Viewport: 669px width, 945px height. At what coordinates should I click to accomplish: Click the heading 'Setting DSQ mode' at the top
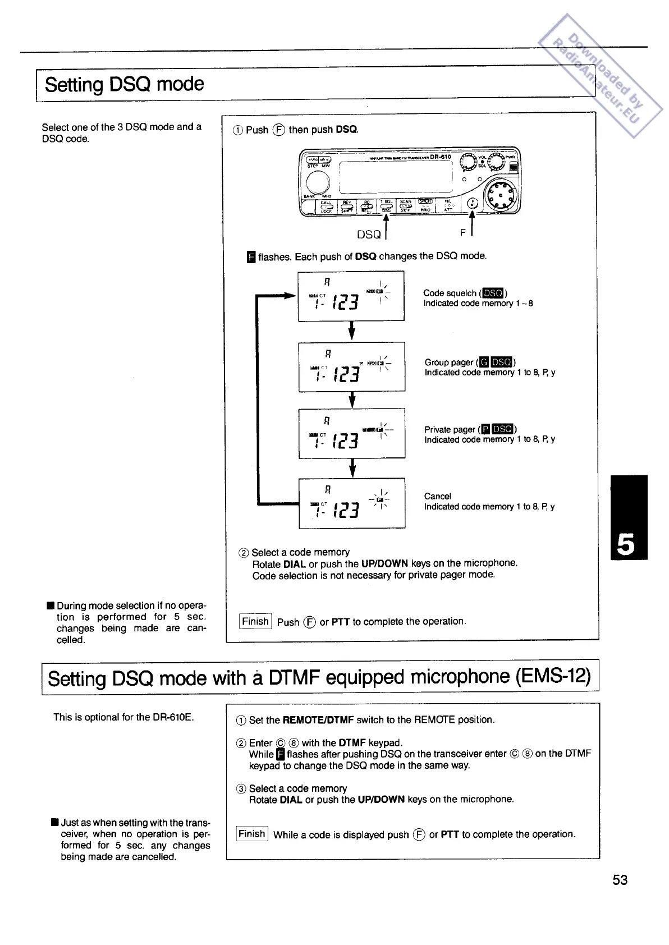pyautogui.click(x=124, y=84)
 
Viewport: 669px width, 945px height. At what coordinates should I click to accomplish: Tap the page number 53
pyautogui.click(x=620, y=880)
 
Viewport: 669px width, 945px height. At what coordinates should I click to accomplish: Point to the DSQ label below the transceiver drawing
pyautogui.click(x=369, y=234)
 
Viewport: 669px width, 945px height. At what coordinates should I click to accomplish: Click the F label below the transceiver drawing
pyautogui.click(x=463, y=231)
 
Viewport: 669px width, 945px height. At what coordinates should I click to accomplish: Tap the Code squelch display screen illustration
pyautogui.click(x=351, y=296)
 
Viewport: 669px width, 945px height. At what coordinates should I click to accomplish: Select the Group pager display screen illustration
pyautogui.click(x=351, y=366)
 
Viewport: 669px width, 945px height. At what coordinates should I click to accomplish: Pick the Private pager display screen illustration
pyautogui.click(x=351, y=433)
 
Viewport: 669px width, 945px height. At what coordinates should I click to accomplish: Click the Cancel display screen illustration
pyautogui.click(x=351, y=503)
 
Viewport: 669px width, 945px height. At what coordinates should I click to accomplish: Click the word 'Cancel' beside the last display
pyautogui.click(x=437, y=496)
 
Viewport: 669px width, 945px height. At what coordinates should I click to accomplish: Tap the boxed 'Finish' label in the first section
pyautogui.click(x=255, y=621)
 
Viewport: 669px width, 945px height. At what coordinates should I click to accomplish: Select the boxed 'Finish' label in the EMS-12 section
pyautogui.click(x=252, y=834)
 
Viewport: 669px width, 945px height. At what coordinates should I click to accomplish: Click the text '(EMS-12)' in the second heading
pyautogui.click(x=553, y=677)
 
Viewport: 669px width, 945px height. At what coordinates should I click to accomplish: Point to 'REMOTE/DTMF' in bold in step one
pyautogui.click(x=318, y=720)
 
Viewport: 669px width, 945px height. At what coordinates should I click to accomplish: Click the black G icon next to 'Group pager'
pyautogui.click(x=485, y=363)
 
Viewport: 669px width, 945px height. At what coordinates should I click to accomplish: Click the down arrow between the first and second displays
pyautogui.click(x=351, y=331)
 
